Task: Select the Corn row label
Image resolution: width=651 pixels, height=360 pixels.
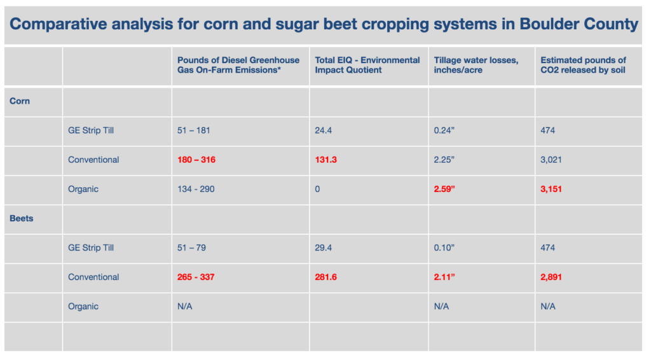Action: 20,101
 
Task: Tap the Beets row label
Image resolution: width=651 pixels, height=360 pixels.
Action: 21,218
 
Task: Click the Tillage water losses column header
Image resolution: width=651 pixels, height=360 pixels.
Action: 476,65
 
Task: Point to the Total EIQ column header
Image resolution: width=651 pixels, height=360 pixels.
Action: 367,65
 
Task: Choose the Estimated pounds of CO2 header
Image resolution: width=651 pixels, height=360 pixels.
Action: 583,65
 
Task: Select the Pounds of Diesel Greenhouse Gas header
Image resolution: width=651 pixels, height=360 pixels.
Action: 238,65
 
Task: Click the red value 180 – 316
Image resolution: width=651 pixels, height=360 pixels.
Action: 196,160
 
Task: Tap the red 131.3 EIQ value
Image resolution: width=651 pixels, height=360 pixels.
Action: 325,160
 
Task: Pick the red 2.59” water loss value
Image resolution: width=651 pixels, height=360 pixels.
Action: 444,189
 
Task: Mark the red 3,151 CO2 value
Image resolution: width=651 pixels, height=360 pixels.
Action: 551,190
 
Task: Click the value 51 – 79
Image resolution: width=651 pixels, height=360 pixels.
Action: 191,248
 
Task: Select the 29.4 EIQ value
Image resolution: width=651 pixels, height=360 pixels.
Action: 323,248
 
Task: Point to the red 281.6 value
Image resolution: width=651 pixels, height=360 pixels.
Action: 325,277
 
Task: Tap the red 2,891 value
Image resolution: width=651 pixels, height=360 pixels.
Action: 551,277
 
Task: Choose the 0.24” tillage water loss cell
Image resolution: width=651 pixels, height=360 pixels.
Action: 444,130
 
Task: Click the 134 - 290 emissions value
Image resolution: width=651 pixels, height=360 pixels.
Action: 196,190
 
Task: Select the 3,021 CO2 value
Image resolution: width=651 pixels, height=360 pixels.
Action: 551,160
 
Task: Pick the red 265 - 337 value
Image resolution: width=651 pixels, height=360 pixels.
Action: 196,277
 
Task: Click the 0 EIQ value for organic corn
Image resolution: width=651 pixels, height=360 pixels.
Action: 317,190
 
